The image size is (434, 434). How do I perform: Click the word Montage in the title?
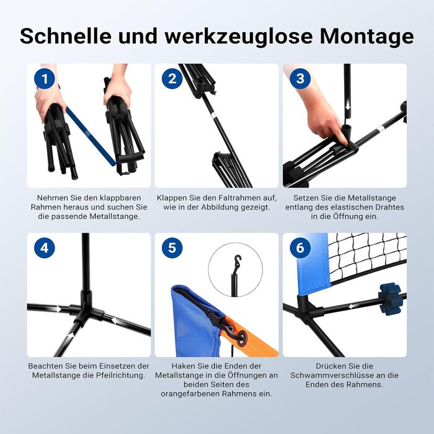pyautogui.click(x=367, y=36)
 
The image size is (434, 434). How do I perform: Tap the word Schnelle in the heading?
pyautogui.click(x=65, y=35)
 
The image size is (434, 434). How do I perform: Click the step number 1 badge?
pyautogui.click(x=44, y=79)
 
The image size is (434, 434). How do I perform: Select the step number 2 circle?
pyautogui.click(x=172, y=79)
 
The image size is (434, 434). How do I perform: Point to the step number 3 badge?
pyautogui.click(x=300, y=79)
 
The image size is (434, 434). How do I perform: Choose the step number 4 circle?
pyautogui.click(x=44, y=248)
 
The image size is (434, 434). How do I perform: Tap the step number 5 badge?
pyautogui.click(x=172, y=248)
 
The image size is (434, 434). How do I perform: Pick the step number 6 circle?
pyautogui.click(x=300, y=248)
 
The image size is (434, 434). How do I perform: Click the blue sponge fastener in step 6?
pyautogui.click(x=390, y=299)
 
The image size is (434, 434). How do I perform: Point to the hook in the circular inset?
pyautogui.click(x=237, y=261)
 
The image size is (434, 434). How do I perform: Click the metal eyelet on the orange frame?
pyautogui.click(x=242, y=337)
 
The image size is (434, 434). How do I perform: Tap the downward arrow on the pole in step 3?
pyautogui.click(x=348, y=107)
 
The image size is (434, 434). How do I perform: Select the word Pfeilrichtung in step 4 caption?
pyautogui.click(x=121, y=375)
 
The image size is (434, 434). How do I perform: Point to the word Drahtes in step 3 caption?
pyautogui.click(x=390, y=207)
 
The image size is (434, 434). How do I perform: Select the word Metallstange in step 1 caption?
pyautogui.click(x=115, y=216)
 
